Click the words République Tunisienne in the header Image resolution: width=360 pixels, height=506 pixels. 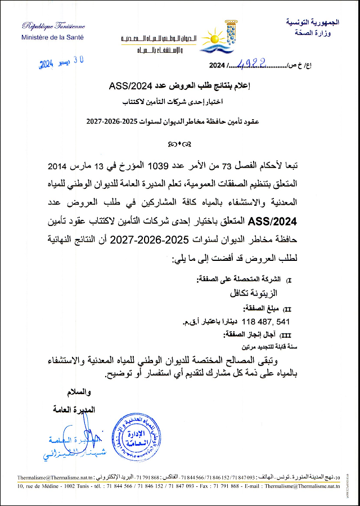[x=53, y=26]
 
